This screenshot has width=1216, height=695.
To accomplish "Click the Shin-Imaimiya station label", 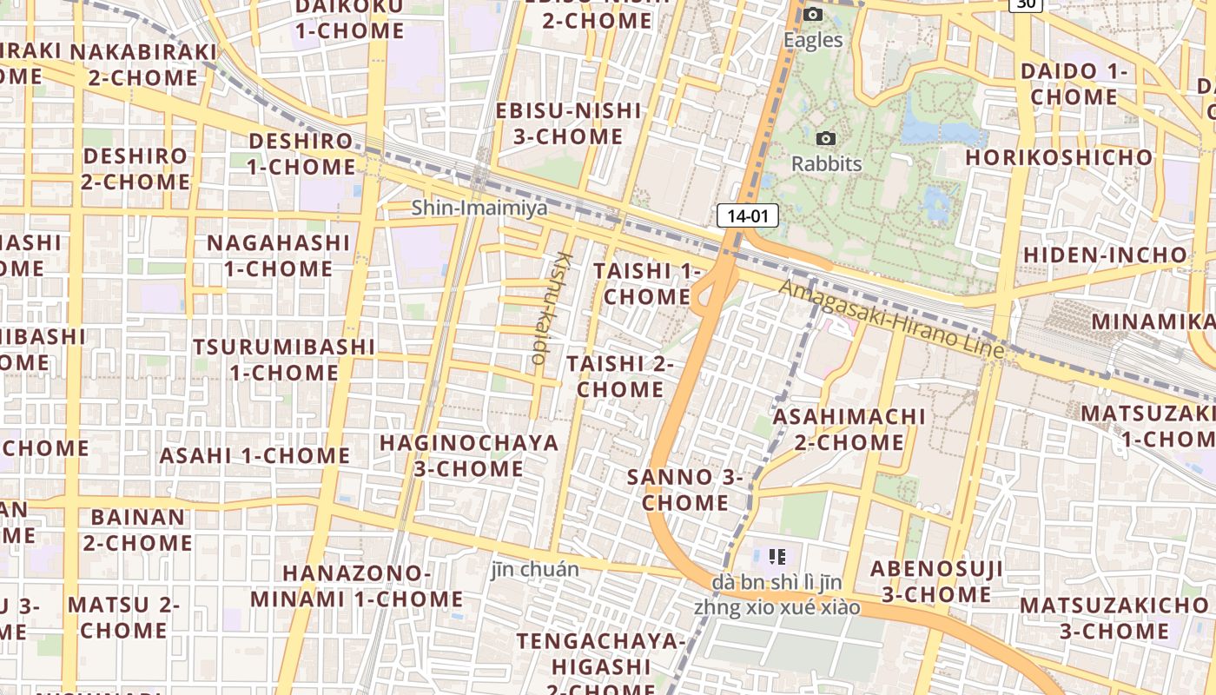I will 479,208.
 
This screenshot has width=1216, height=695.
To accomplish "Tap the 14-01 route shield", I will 747,215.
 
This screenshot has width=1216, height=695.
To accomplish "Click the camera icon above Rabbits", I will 826,138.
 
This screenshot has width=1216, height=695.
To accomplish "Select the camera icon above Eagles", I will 813,14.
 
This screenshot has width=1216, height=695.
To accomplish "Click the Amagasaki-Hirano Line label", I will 891,319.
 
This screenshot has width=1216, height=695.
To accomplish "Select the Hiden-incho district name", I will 1104,255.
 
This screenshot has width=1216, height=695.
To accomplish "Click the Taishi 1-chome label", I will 647,284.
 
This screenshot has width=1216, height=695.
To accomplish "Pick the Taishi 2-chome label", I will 620,376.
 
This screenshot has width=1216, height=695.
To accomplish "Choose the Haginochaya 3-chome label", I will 469,455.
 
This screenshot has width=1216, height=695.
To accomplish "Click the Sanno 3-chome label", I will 685,490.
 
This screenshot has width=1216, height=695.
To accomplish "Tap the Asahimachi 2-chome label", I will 849,429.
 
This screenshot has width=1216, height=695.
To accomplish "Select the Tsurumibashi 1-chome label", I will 284,360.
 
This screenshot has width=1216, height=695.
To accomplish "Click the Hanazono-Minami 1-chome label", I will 357,586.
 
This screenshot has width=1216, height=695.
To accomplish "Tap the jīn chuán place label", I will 535,570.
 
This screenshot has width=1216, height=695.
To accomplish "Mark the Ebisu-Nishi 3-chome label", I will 568,123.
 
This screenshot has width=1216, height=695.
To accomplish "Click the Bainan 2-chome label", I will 138,530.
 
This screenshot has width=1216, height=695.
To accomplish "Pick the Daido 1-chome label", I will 1074,83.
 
